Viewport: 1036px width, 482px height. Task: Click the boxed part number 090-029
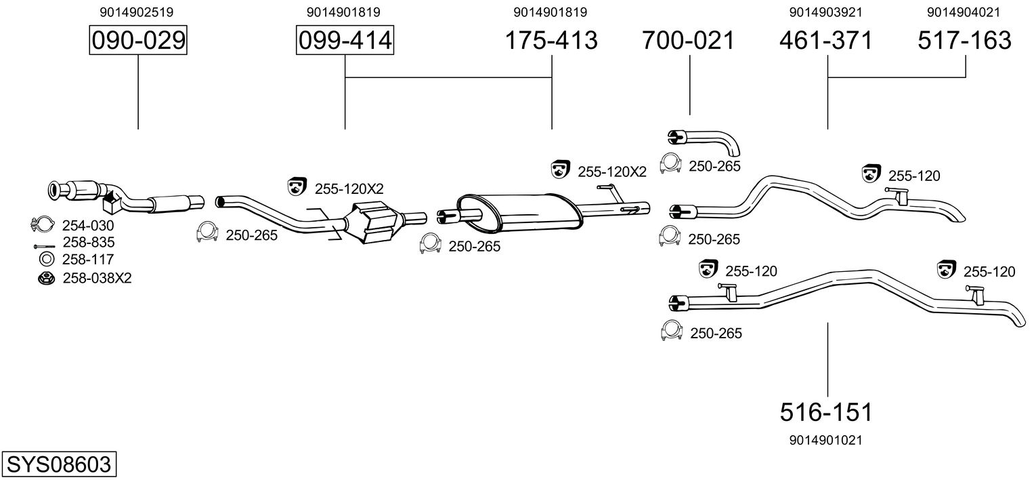(138, 41)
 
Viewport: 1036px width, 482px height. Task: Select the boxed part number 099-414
(345, 41)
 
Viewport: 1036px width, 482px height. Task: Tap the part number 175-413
(552, 41)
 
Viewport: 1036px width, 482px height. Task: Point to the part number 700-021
(689, 41)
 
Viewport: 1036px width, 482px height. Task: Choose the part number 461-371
(827, 41)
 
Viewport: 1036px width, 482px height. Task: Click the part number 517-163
(965, 41)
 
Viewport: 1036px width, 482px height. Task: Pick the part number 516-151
(826, 411)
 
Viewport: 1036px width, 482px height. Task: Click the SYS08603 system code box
(58, 464)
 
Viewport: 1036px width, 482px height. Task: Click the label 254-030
(88, 226)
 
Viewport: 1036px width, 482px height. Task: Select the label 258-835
(88, 242)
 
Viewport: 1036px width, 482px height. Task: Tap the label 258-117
(88, 259)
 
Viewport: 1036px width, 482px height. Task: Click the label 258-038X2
(97, 277)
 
